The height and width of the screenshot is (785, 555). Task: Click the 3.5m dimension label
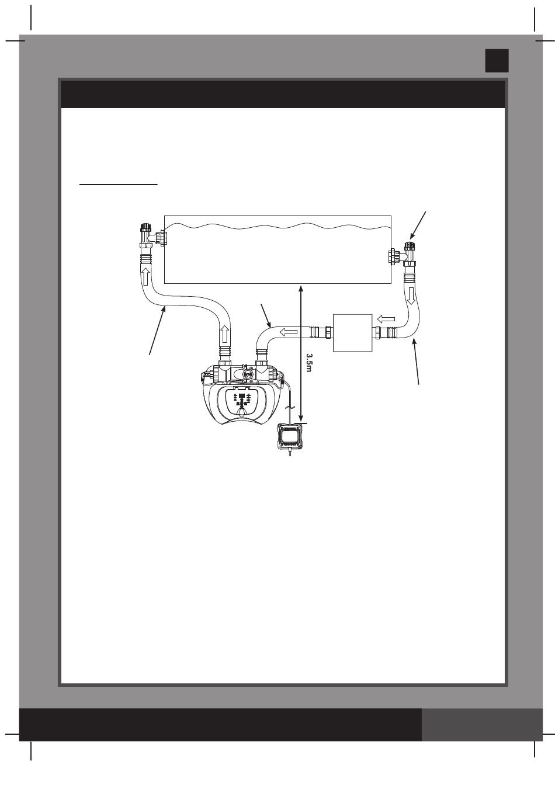[x=308, y=363]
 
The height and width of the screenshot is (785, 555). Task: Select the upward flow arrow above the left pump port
[x=225, y=335]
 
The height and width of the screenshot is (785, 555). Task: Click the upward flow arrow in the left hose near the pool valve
[x=145, y=276]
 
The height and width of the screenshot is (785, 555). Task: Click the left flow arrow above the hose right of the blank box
[x=386, y=319]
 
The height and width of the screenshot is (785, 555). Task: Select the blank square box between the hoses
[x=352, y=332]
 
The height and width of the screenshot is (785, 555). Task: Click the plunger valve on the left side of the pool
[x=145, y=235]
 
